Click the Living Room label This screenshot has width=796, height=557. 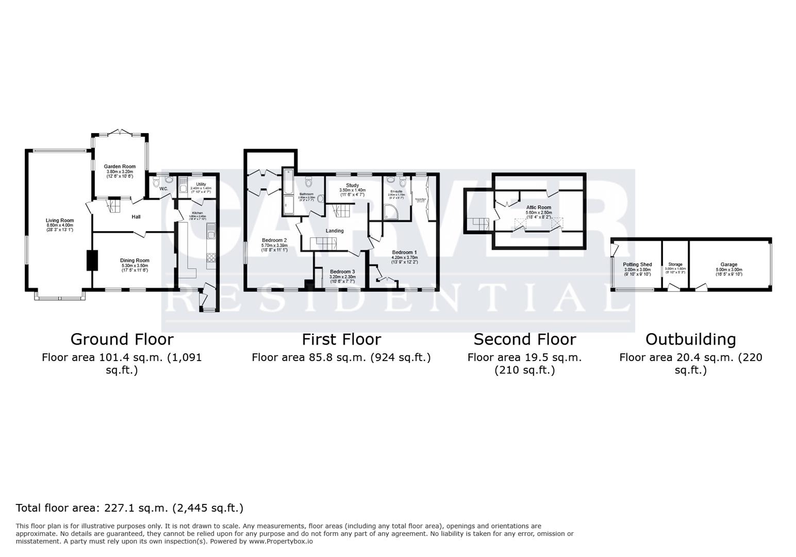[60, 221]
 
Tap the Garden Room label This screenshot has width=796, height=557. [120, 167]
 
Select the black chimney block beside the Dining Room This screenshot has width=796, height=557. [92, 260]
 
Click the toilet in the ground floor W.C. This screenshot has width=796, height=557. [156, 183]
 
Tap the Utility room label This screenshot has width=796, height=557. [201, 184]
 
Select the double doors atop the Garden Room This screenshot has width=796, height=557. [120, 132]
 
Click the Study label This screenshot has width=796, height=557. [352, 185]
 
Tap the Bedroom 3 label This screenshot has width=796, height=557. [342, 272]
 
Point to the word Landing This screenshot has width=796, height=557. [334, 231]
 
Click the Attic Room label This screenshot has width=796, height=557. [539, 207]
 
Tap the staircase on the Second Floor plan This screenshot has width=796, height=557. [478, 224]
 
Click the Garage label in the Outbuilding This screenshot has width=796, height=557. [728, 265]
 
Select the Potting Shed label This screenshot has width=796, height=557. [637, 265]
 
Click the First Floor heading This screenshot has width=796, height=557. [341, 339]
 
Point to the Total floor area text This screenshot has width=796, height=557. [129, 508]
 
